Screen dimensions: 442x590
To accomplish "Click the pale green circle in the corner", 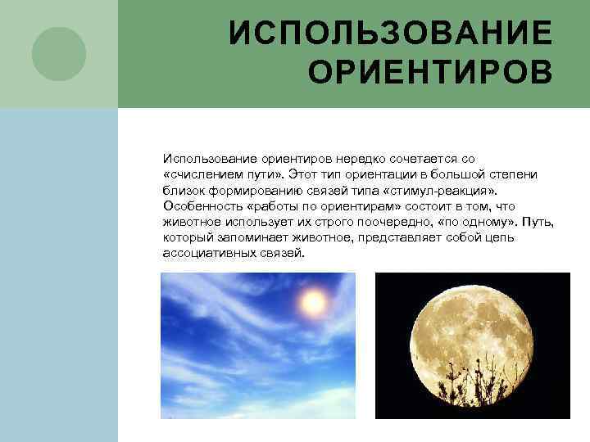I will coord(59,54).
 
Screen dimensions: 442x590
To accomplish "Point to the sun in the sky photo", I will coord(312,303).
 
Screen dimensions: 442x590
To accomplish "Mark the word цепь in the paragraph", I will coord(502,237).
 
